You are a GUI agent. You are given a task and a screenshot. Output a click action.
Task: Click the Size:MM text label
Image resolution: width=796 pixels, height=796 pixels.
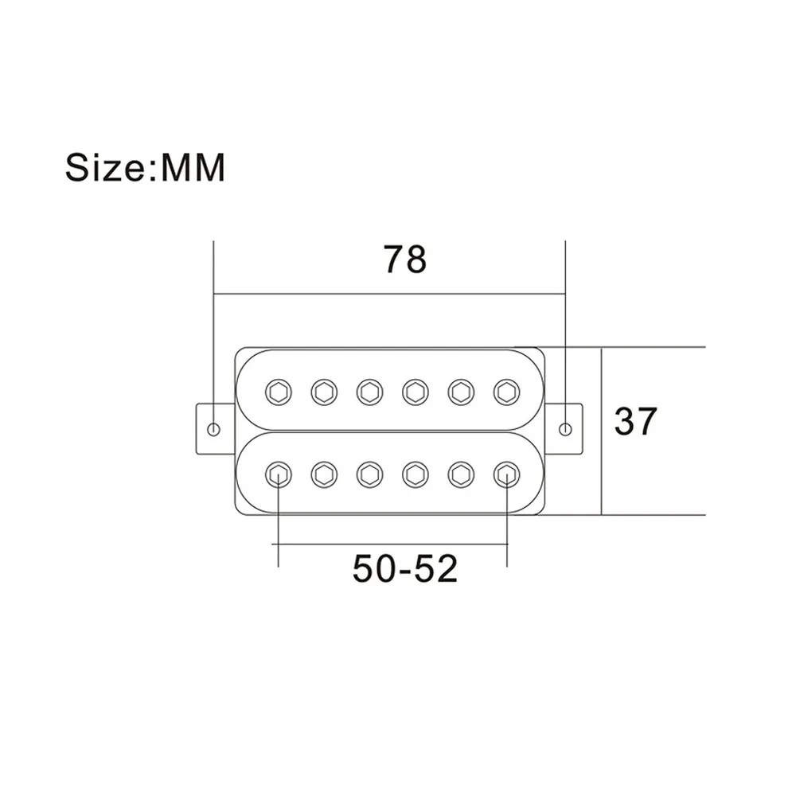[x=145, y=168]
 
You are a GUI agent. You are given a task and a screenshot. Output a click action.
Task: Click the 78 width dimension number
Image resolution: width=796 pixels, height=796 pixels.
[x=405, y=260]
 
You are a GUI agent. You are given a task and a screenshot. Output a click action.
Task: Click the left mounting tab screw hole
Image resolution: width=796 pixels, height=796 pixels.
[x=213, y=429]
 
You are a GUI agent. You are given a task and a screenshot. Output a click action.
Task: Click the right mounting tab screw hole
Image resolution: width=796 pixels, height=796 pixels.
[x=566, y=429]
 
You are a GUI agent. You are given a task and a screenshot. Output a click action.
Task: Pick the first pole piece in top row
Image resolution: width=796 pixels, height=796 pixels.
[x=279, y=390]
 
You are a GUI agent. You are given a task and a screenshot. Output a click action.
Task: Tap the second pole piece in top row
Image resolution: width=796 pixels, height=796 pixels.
[x=324, y=390]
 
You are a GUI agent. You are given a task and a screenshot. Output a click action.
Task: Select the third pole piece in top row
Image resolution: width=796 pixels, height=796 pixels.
[x=369, y=390]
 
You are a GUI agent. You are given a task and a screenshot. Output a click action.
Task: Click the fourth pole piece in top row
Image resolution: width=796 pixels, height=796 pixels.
[x=414, y=390]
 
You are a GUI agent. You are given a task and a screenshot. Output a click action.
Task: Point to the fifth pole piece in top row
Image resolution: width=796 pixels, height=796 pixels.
[x=459, y=390]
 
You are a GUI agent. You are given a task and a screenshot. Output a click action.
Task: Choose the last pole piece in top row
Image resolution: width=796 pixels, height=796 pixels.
[x=505, y=390]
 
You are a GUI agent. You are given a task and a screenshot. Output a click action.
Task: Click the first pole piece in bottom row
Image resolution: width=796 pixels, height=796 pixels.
[x=279, y=475]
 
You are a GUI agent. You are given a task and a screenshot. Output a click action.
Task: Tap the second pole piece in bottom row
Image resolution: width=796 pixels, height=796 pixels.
[x=324, y=475]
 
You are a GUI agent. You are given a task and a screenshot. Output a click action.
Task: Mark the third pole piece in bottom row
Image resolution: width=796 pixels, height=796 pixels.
[x=369, y=475]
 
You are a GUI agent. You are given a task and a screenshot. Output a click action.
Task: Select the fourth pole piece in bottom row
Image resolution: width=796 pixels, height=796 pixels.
[x=414, y=475]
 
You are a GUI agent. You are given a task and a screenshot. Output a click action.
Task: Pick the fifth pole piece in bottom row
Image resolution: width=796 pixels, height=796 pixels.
[x=459, y=475]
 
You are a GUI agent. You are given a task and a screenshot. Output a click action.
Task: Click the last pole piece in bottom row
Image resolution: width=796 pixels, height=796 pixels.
[x=505, y=475]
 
